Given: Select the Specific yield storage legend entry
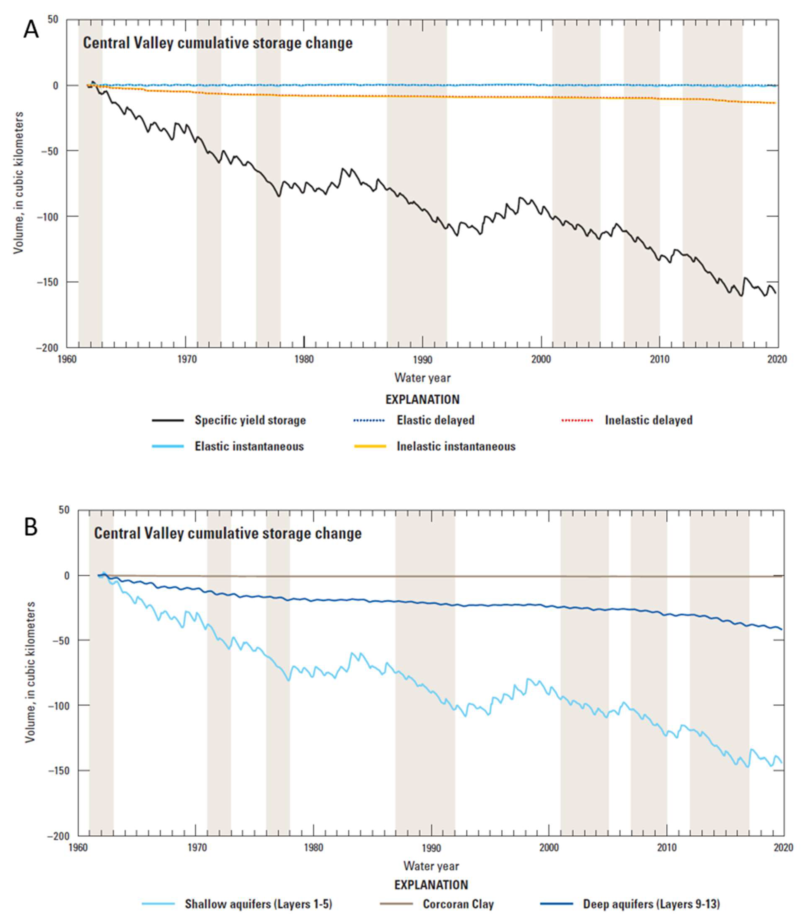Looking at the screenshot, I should [x=250, y=420].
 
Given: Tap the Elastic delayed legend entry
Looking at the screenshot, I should [x=435, y=420].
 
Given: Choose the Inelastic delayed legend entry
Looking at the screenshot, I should [x=648, y=420].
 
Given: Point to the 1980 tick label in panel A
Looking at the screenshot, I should [x=304, y=359].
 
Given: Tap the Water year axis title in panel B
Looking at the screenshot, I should [x=431, y=866].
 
